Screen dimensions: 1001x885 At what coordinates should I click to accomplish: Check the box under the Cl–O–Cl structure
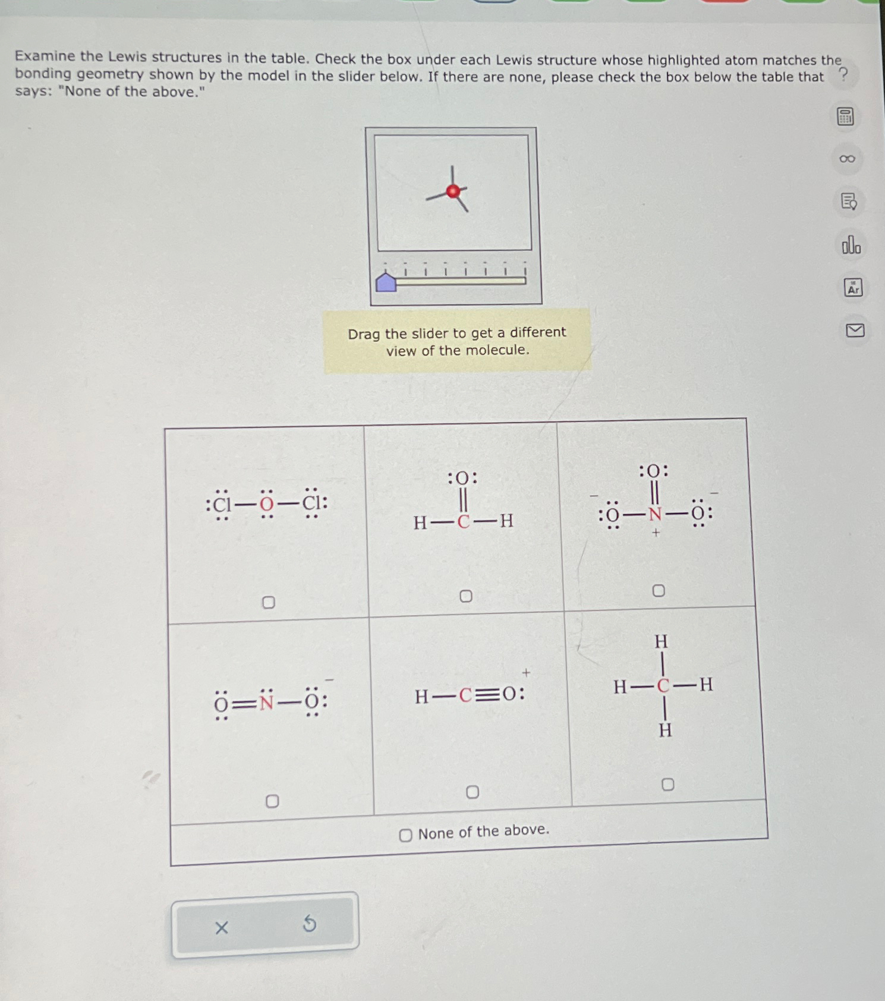(x=269, y=603)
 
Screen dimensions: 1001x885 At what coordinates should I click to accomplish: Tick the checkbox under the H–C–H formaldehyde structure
(x=466, y=596)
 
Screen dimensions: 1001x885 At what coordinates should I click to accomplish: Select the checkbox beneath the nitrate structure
(x=659, y=590)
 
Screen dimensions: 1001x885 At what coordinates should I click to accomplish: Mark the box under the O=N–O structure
(x=272, y=801)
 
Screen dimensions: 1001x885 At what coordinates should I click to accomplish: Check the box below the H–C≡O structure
(x=473, y=792)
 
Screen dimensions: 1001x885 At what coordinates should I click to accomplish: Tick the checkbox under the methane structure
(x=667, y=785)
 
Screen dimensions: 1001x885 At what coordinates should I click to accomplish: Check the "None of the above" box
(x=405, y=835)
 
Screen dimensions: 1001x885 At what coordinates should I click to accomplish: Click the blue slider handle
(x=386, y=282)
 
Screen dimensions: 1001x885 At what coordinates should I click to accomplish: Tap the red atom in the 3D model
(x=453, y=191)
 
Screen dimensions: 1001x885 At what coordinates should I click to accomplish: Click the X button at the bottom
(x=221, y=927)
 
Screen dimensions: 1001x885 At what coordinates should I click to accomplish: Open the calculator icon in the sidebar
(x=845, y=117)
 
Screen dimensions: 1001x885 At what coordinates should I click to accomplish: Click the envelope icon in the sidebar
(x=855, y=330)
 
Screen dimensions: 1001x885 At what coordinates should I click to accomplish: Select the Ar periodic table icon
(x=853, y=288)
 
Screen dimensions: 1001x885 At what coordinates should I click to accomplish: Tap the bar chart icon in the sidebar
(x=851, y=245)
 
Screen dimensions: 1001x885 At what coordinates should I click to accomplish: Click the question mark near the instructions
(x=843, y=74)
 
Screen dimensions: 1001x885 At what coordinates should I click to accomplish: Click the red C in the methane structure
(x=663, y=686)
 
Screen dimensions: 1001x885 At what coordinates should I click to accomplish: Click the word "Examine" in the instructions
(x=45, y=56)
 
